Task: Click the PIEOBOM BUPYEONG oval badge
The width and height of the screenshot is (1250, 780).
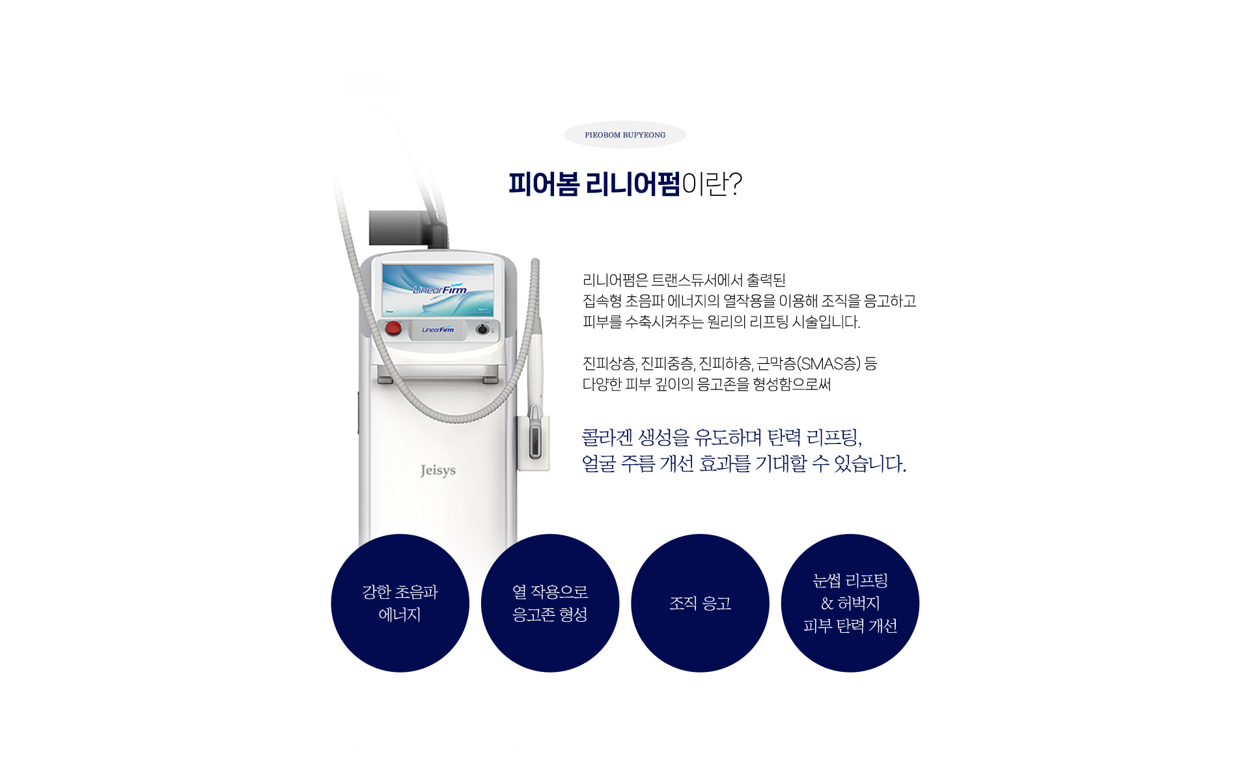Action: point(624,135)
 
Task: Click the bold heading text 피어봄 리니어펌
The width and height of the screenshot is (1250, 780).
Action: point(594,184)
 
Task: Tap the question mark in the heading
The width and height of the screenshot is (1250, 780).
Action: point(736,184)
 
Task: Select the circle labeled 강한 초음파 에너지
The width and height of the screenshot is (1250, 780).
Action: point(400,603)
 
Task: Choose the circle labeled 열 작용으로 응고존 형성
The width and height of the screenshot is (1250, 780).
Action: point(550,603)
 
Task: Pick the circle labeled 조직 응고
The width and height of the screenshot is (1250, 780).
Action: point(700,603)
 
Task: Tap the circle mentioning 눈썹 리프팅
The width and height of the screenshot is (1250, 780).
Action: point(850,603)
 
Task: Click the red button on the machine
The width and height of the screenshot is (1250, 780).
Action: point(393,328)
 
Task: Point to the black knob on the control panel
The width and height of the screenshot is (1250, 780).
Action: point(482,329)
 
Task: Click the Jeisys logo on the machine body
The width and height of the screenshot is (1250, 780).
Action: point(437,470)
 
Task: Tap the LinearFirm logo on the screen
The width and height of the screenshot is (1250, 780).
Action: point(439,289)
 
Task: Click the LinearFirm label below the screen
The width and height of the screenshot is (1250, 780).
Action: point(437,330)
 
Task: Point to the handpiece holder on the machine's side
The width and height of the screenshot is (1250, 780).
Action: point(534,443)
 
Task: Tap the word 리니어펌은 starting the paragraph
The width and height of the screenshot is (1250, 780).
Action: point(615,281)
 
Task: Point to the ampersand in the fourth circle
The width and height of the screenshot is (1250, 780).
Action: point(827,604)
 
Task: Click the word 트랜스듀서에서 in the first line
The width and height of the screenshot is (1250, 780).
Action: point(697,281)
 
